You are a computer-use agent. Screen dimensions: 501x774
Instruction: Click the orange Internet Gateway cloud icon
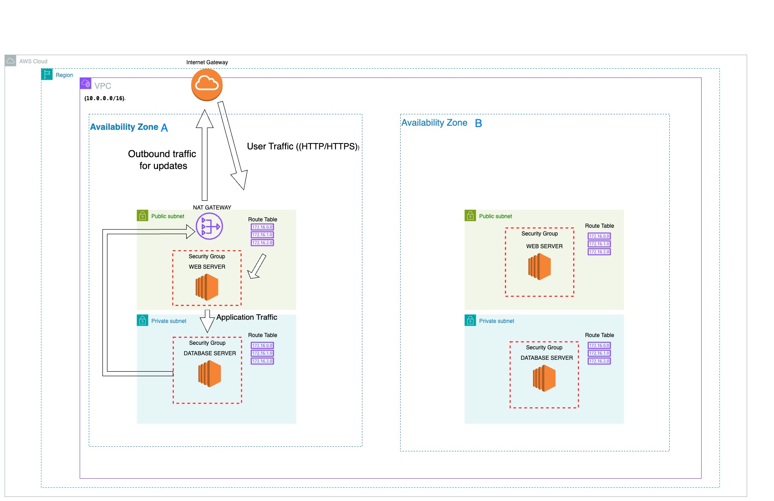(x=207, y=84)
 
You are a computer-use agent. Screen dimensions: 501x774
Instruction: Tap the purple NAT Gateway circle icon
(x=209, y=226)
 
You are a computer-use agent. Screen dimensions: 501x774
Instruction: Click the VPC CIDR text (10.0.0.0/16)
(x=105, y=98)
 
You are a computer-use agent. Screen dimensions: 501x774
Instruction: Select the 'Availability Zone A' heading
(x=129, y=127)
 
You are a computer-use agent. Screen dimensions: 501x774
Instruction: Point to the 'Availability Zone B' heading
(x=441, y=123)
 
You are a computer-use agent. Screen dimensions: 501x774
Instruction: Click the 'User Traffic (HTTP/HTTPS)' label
(x=303, y=147)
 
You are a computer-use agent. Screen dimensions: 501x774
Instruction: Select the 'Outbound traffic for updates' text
(x=163, y=160)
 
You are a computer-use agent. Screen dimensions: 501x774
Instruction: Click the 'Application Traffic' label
(x=246, y=317)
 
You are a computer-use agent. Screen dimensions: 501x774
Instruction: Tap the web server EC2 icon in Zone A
(x=207, y=287)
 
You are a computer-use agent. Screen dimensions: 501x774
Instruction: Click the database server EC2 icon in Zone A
(x=209, y=373)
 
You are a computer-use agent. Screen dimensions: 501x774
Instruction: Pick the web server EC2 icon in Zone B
(x=540, y=267)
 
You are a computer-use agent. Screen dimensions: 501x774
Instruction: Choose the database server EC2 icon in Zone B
(x=544, y=378)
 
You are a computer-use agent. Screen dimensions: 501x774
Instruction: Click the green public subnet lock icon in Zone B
(x=470, y=215)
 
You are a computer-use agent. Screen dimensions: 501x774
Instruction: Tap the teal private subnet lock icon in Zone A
(x=143, y=320)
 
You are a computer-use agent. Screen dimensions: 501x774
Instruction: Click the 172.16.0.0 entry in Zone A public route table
(x=262, y=227)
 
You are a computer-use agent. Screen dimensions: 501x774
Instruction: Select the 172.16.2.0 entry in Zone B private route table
(x=599, y=361)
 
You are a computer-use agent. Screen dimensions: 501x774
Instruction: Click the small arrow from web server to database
(x=207, y=322)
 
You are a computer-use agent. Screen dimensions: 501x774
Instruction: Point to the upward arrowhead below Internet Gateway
(x=204, y=119)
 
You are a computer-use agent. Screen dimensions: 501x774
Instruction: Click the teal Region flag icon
(x=47, y=74)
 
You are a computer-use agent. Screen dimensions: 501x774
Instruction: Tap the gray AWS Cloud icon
(x=10, y=61)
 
